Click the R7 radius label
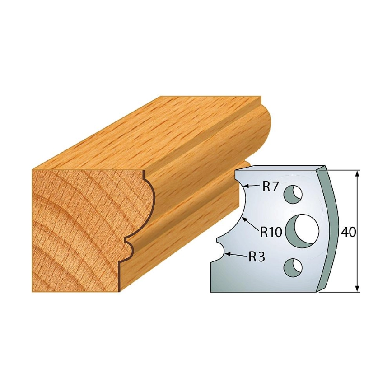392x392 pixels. [x=270, y=187]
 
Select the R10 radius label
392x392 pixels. [x=271, y=232]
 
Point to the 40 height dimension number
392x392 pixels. [x=348, y=233]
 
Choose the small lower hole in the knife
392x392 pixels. [x=293, y=268]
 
